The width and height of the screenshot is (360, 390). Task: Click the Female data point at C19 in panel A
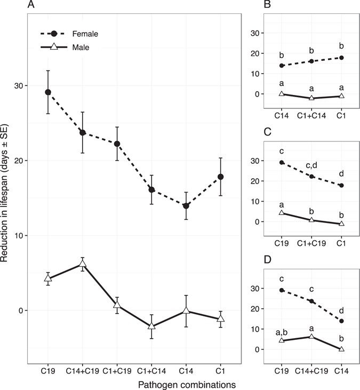47,92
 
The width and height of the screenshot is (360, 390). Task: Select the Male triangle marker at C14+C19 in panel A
83,264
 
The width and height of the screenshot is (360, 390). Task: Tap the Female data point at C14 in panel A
186,206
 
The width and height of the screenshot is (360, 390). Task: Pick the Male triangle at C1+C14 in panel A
151,326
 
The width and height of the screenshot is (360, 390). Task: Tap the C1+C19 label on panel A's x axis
117,370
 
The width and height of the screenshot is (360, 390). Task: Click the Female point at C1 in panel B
341,58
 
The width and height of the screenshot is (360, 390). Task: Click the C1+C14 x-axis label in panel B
310,113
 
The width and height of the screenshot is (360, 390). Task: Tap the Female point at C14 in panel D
341,321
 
